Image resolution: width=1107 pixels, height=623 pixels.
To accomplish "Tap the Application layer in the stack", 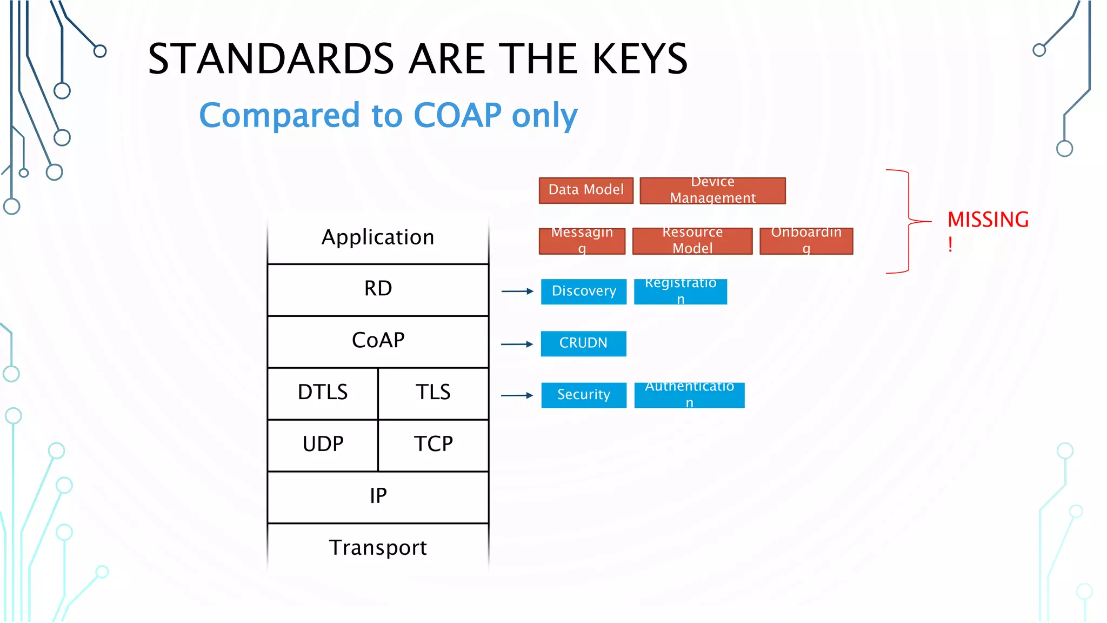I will (x=378, y=237).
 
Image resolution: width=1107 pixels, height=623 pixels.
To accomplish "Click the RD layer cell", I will (x=378, y=289).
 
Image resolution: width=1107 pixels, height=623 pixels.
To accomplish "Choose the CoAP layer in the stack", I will (x=378, y=341).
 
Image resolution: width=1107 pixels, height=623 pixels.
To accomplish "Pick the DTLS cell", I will (x=323, y=393).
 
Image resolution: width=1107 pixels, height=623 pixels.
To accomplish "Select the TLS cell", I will (x=433, y=393).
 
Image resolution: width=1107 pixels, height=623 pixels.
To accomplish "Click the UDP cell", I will (x=323, y=445).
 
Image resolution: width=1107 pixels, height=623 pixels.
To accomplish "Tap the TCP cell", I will (x=433, y=445).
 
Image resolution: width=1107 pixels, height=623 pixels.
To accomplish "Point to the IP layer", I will (x=378, y=496).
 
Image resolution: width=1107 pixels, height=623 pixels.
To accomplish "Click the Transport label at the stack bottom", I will (x=378, y=548).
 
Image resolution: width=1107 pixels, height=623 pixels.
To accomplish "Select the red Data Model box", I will (x=586, y=190).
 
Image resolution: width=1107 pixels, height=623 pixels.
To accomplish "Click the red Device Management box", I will (x=712, y=190).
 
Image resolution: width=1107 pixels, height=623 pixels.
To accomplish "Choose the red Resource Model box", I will (x=692, y=241).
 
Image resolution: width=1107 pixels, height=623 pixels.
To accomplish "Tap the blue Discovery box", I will (x=584, y=291).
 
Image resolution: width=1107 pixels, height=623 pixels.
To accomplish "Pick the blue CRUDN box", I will (x=583, y=343).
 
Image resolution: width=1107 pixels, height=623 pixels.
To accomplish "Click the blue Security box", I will (x=584, y=395).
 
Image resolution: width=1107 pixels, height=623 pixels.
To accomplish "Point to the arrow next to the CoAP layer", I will (x=517, y=344).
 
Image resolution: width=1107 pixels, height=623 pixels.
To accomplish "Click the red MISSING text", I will (x=988, y=220).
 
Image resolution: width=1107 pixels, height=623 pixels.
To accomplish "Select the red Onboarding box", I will (x=806, y=241).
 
